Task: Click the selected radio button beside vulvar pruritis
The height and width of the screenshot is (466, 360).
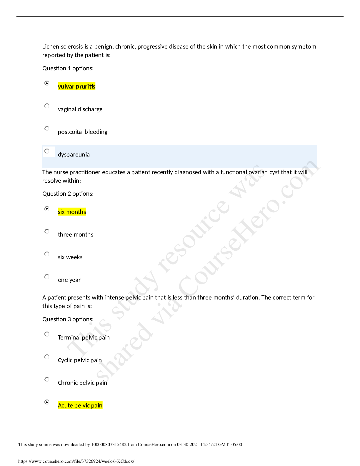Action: pyautogui.click(x=47, y=83)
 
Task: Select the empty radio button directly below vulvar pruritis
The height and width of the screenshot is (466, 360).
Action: pyautogui.click(x=47, y=106)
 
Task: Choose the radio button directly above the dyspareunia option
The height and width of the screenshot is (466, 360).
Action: pyautogui.click(x=47, y=129)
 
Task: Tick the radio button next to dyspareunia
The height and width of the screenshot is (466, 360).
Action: pyautogui.click(x=47, y=151)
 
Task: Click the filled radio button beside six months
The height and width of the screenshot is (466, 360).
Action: pyautogui.click(x=47, y=209)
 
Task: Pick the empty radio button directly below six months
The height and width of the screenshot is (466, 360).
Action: pyautogui.click(x=47, y=232)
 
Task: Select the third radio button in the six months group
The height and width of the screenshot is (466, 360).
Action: pyautogui.click(x=47, y=254)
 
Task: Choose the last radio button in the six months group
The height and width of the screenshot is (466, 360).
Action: pyautogui.click(x=47, y=277)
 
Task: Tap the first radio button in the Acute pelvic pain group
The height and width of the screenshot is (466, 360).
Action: pyautogui.click(x=47, y=334)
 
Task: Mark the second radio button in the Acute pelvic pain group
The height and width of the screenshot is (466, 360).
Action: pyautogui.click(x=47, y=357)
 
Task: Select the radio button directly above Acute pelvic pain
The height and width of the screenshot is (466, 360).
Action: pyautogui.click(x=47, y=380)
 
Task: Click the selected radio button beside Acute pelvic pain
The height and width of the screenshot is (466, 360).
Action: pyautogui.click(x=47, y=402)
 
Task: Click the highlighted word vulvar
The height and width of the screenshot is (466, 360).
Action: pyautogui.click(x=66, y=86)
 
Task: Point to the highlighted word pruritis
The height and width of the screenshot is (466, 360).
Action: pyautogui.click(x=86, y=86)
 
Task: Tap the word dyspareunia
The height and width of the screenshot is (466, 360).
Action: pyautogui.click(x=74, y=155)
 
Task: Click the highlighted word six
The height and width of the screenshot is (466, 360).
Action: pyautogui.click(x=61, y=212)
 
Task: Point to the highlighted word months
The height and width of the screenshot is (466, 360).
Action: pyautogui.click(x=76, y=212)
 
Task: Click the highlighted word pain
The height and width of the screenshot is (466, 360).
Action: pyautogui.click(x=96, y=405)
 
